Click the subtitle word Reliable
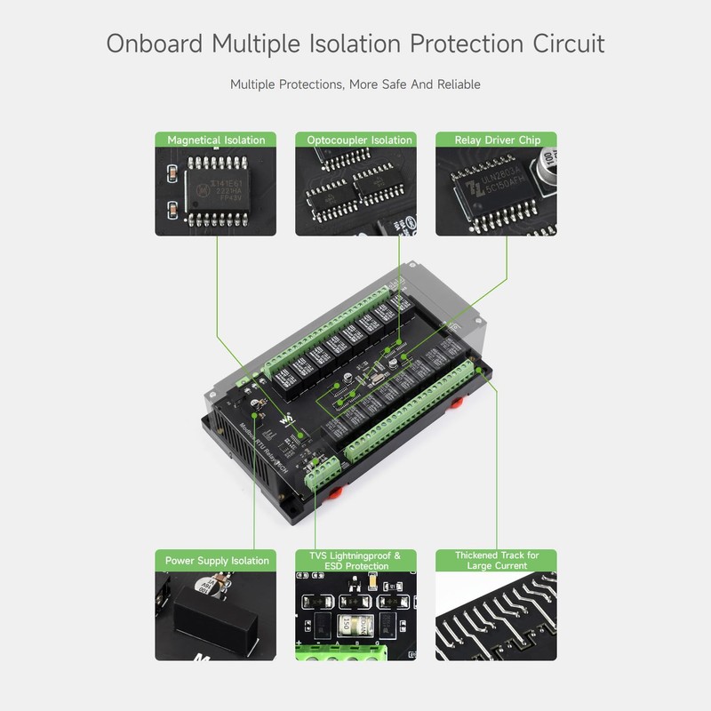tap(457, 84)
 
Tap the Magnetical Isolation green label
tap(216, 140)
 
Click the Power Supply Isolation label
tap(216, 561)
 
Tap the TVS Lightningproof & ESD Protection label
tap(355, 561)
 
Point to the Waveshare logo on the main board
tap(286, 419)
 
